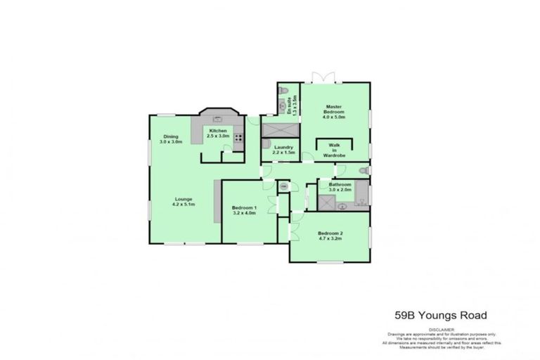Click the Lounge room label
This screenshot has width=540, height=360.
184,202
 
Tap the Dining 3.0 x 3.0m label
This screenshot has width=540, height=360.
171,139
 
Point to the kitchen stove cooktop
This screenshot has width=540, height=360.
238,138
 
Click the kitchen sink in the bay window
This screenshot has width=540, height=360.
219,118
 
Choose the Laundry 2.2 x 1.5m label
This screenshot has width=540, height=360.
283,150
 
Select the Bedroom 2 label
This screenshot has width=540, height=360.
330,236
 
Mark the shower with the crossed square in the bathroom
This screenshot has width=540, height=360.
326,202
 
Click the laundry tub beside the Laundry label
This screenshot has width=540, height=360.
266,143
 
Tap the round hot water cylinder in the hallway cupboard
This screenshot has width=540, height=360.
283,186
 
